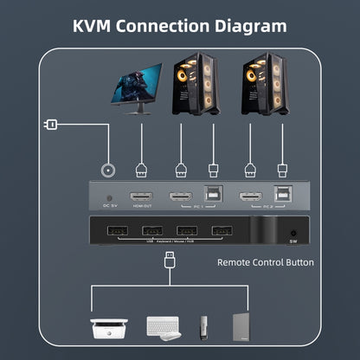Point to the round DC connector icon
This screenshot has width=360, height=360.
coord(109,170)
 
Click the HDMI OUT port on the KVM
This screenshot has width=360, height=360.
coord(141,196)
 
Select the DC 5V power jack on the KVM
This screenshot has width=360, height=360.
coord(110,197)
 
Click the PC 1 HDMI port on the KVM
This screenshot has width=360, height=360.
coord(181,196)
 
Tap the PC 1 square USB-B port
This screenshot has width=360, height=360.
coord(213,196)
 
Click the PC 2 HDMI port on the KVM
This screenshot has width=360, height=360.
coord(251,196)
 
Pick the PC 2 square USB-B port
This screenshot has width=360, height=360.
coord(282,196)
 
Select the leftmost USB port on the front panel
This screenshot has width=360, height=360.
coord(118,231)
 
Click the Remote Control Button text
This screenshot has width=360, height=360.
coord(265,261)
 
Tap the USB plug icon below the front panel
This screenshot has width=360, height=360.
coord(170,260)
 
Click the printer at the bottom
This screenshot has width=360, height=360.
coord(109,328)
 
